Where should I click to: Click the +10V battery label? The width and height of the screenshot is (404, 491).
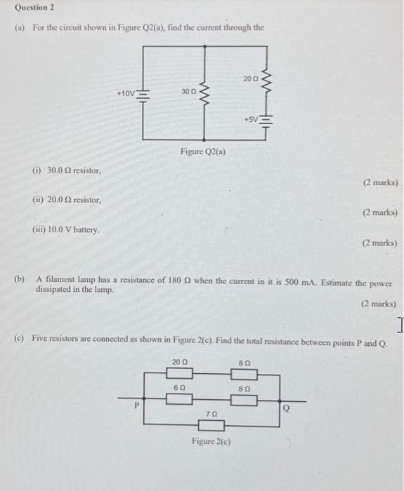(129, 92)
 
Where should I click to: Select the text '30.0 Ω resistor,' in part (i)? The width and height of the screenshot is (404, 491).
(73, 170)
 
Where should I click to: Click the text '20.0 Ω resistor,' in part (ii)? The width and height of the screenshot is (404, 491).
(74, 200)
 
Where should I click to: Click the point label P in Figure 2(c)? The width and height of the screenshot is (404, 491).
(138, 405)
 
